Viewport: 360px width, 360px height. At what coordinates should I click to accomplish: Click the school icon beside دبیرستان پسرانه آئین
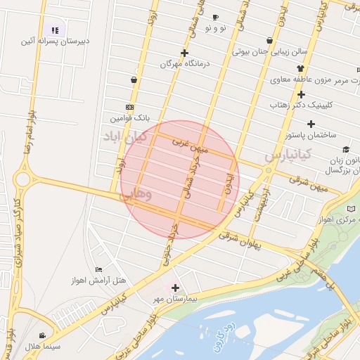[x=55, y=30]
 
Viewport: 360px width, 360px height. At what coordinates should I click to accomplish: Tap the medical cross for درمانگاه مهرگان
[x=184, y=53]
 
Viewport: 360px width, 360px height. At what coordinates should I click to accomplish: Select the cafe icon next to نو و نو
[x=215, y=17]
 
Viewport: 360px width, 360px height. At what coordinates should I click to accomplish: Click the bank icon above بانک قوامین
[x=129, y=107]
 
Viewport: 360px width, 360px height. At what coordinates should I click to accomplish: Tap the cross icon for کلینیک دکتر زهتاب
[x=301, y=94]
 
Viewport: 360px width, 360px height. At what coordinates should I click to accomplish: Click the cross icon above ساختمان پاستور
[x=311, y=124]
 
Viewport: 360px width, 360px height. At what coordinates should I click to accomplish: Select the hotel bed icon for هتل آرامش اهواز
[x=98, y=269]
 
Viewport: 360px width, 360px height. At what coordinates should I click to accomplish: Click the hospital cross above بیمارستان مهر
[x=175, y=288]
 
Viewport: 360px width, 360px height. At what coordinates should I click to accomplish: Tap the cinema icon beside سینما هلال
[x=43, y=335]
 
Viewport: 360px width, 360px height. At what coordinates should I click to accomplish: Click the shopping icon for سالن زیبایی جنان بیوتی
[x=270, y=40]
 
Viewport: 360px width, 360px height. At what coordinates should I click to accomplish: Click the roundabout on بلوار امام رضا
[x=22, y=179]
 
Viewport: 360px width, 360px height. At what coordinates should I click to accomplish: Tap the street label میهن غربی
[x=191, y=146]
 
